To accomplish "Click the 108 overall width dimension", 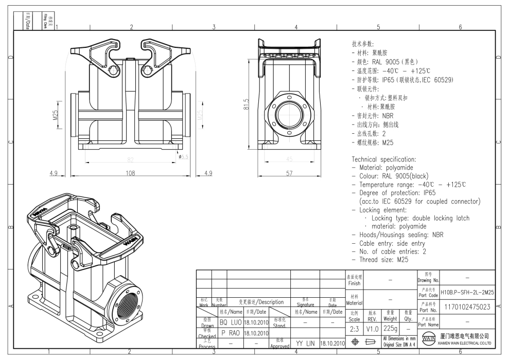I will tap(131, 173).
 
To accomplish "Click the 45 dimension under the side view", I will tap(289, 159).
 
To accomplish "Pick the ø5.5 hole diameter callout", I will tap(184, 156).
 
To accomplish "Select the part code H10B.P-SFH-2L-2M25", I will tap(467, 292).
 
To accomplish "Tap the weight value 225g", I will tap(390, 328).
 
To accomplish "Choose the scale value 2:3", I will tap(355, 328).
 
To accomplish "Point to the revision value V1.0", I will tap(373, 328).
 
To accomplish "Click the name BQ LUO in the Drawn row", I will tap(231, 322).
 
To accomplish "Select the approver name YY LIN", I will tap(305, 343).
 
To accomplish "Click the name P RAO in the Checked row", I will tap(231, 332).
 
